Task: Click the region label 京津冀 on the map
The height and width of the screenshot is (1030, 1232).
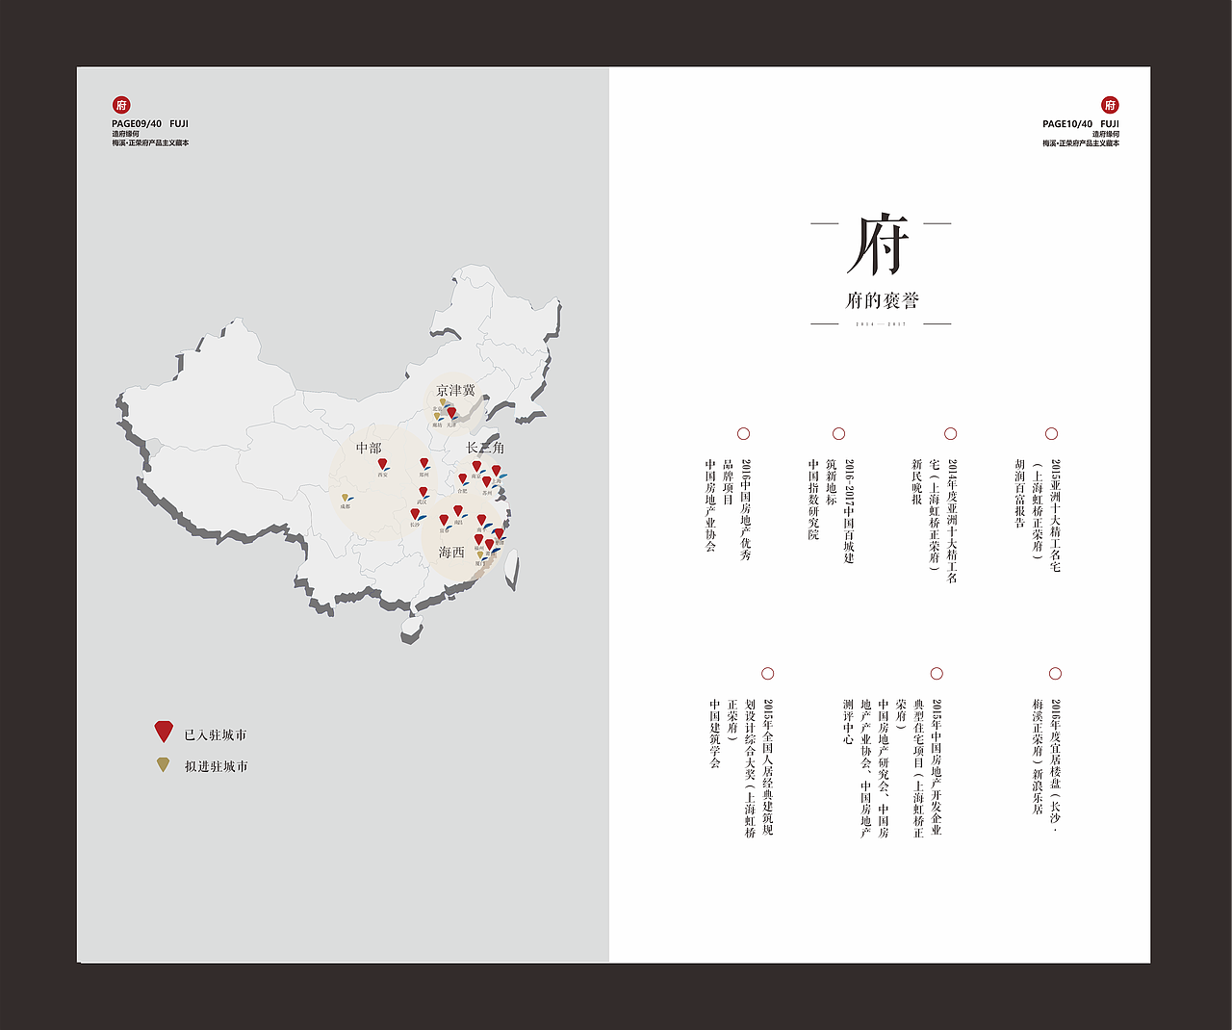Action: pyautogui.click(x=455, y=390)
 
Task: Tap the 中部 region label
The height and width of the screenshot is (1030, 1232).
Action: pyautogui.click(x=369, y=448)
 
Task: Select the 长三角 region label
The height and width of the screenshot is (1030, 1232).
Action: pyautogui.click(x=485, y=448)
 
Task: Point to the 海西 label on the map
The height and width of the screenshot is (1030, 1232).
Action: pyautogui.click(x=451, y=552)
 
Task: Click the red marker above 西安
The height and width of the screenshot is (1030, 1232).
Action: pyautogui.click(x=382, y=464)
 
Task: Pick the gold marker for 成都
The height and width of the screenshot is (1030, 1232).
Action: pyautogui.click(x=345, y=498)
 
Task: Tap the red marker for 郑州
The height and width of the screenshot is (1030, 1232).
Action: pyautogui.click(x=423, y=463)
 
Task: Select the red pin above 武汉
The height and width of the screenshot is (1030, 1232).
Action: pyautogui.click(x=423, y=492)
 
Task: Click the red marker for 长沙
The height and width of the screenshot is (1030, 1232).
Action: pyautogui.click(x=415, y=515)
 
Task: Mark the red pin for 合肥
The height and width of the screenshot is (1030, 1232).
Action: pyautogui.click(x=462, y=478)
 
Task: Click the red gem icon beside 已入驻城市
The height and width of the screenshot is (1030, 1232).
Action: pyautogui.click(x=164, y=732)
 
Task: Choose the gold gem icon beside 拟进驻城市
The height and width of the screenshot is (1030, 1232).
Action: pyautogui.click(x=164, y=764)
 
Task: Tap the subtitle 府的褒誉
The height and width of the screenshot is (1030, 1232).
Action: pyautogui.click(x=882, y=300)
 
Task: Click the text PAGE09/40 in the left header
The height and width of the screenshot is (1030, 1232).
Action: pyautogui.click(x=137, y=124)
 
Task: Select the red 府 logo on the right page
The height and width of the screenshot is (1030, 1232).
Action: pyautogui.click(x=1110, y=105)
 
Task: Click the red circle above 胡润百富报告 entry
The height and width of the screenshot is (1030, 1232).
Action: pyautogui.click(x=1051, y=434)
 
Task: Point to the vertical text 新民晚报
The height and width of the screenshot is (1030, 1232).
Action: pyautogui.click(x=917, y=482)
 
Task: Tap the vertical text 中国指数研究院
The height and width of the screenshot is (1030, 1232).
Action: pyautogui.click(x=813, y=499)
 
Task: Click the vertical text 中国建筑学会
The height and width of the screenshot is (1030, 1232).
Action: pyautogui.click(x=715, y=734)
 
